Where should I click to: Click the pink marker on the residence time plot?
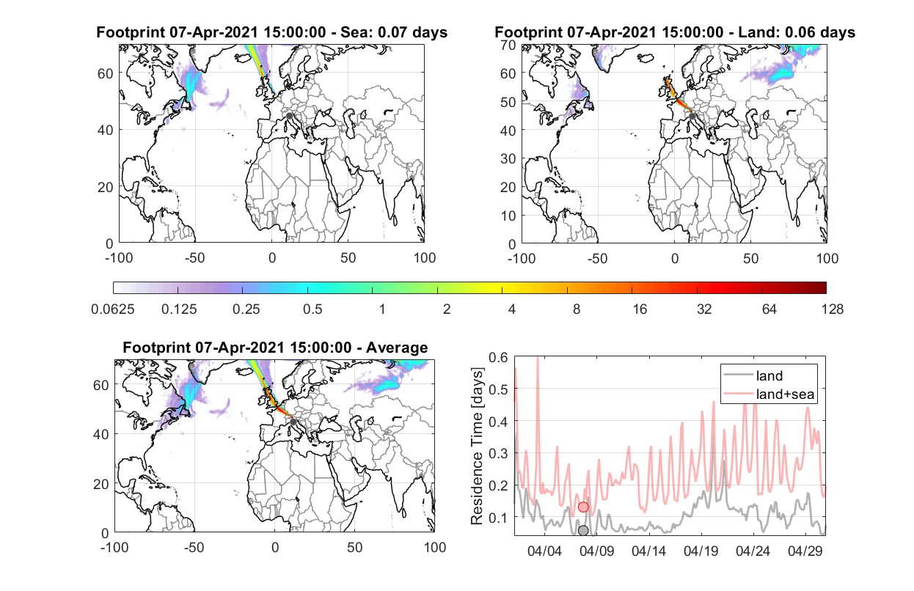click(x=583, y=507)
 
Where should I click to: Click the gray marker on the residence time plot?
click(x=583, y=530)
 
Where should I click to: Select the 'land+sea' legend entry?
click(x=769, y=394)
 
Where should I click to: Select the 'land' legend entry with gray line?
click(x=753, y=375)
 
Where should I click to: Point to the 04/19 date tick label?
click(x=701, y=551)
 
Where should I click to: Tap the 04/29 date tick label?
click(x=805, y=551)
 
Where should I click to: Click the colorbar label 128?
click(x=832, y=309)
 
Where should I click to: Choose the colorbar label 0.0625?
click(x=113, y=309)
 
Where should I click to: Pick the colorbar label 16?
click(x=640, y=309)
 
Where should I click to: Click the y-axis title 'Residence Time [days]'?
click(x=477, y=447)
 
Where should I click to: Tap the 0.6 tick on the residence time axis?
click(x=498, y=358)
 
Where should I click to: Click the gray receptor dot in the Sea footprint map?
click(x=289, y=116)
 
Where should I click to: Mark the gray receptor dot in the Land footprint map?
click(x=692, y=117)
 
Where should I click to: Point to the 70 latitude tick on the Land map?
click(x=508, y=45)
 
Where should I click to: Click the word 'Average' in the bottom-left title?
click(x=397, y=348)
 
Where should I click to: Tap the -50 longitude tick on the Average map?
click(x=194, y=547)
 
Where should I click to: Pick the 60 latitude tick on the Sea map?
click(x=106, y=73)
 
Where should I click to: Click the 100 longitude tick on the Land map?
click(x=827, y=258)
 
